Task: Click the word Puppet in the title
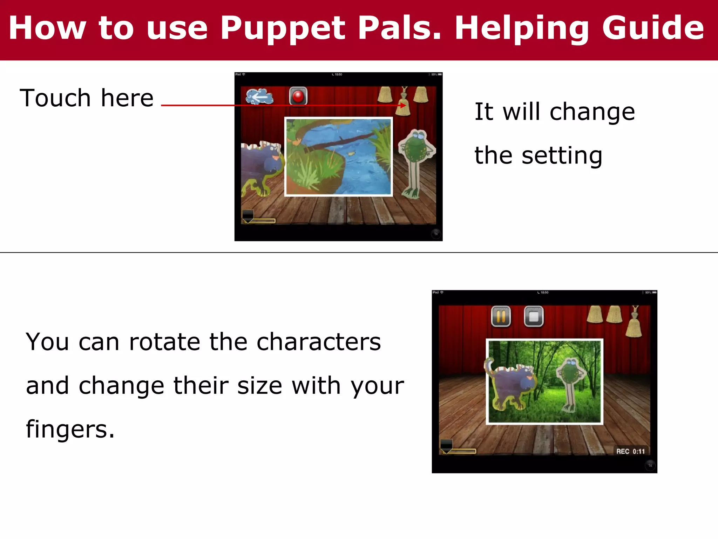(x=283, y=29)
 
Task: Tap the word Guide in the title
(x=653, y=29)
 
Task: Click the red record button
(x=298, y=96)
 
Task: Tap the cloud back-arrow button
(x=259, y=97)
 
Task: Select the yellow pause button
(x=501, y=317)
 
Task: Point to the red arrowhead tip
(x=405, y=105)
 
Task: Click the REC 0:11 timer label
(x=630, y=451)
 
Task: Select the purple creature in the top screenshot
(x=261, y=165)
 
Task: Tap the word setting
(x=562, y=155)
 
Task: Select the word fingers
(x=70, y=429)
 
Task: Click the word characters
(x=318, y=342)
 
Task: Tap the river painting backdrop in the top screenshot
(x=338, y=156)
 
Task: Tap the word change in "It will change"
(x=592, y=112)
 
